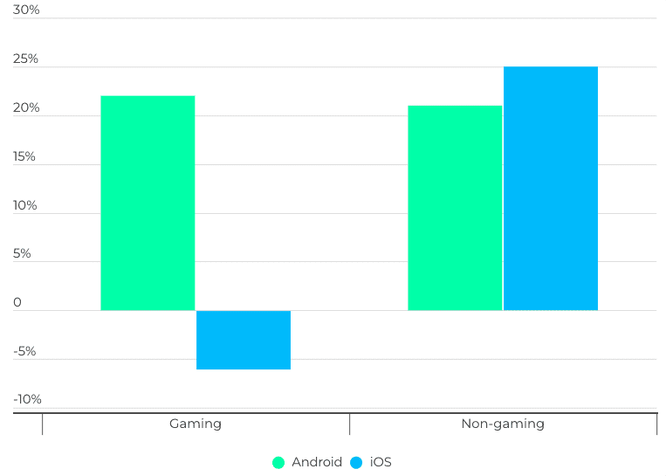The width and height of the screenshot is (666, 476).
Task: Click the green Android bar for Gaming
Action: point(148,203)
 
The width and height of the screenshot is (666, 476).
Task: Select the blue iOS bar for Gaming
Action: point(244,340)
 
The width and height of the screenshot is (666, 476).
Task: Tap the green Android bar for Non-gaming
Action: point(455,208)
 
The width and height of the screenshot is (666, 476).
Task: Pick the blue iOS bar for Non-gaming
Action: point(551,188)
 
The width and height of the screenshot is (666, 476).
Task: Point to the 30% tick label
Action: point(26,10)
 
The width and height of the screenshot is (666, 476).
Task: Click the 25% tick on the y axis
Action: point(26,59)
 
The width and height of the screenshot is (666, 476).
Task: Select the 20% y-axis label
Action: point(26,107)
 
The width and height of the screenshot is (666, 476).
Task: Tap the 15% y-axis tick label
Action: point(24,156)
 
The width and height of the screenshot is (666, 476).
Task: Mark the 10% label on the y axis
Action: point(25,205)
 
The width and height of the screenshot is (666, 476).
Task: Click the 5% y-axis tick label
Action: point(23,253)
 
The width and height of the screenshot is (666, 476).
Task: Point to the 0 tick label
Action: point(17,302)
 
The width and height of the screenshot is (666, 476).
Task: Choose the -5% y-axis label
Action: point(24,351)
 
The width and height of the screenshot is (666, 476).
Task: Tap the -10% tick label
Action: point(27,399)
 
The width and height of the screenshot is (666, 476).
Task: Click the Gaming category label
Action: point(196,424)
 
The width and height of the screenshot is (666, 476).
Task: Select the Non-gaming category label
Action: point(503,424)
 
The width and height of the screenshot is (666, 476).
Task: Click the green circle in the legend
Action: point(278,463)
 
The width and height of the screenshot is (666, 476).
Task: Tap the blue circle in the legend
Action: point(356,463)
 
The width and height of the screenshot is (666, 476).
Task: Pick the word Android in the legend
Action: point(317,462)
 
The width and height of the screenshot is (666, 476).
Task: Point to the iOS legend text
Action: point(381,462)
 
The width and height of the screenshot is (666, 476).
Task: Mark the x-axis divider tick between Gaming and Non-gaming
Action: point(350,424)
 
